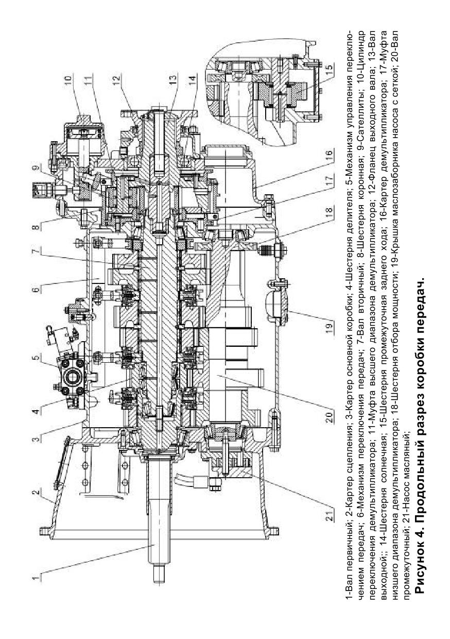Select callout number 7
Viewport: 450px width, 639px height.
[x=36, y=250]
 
